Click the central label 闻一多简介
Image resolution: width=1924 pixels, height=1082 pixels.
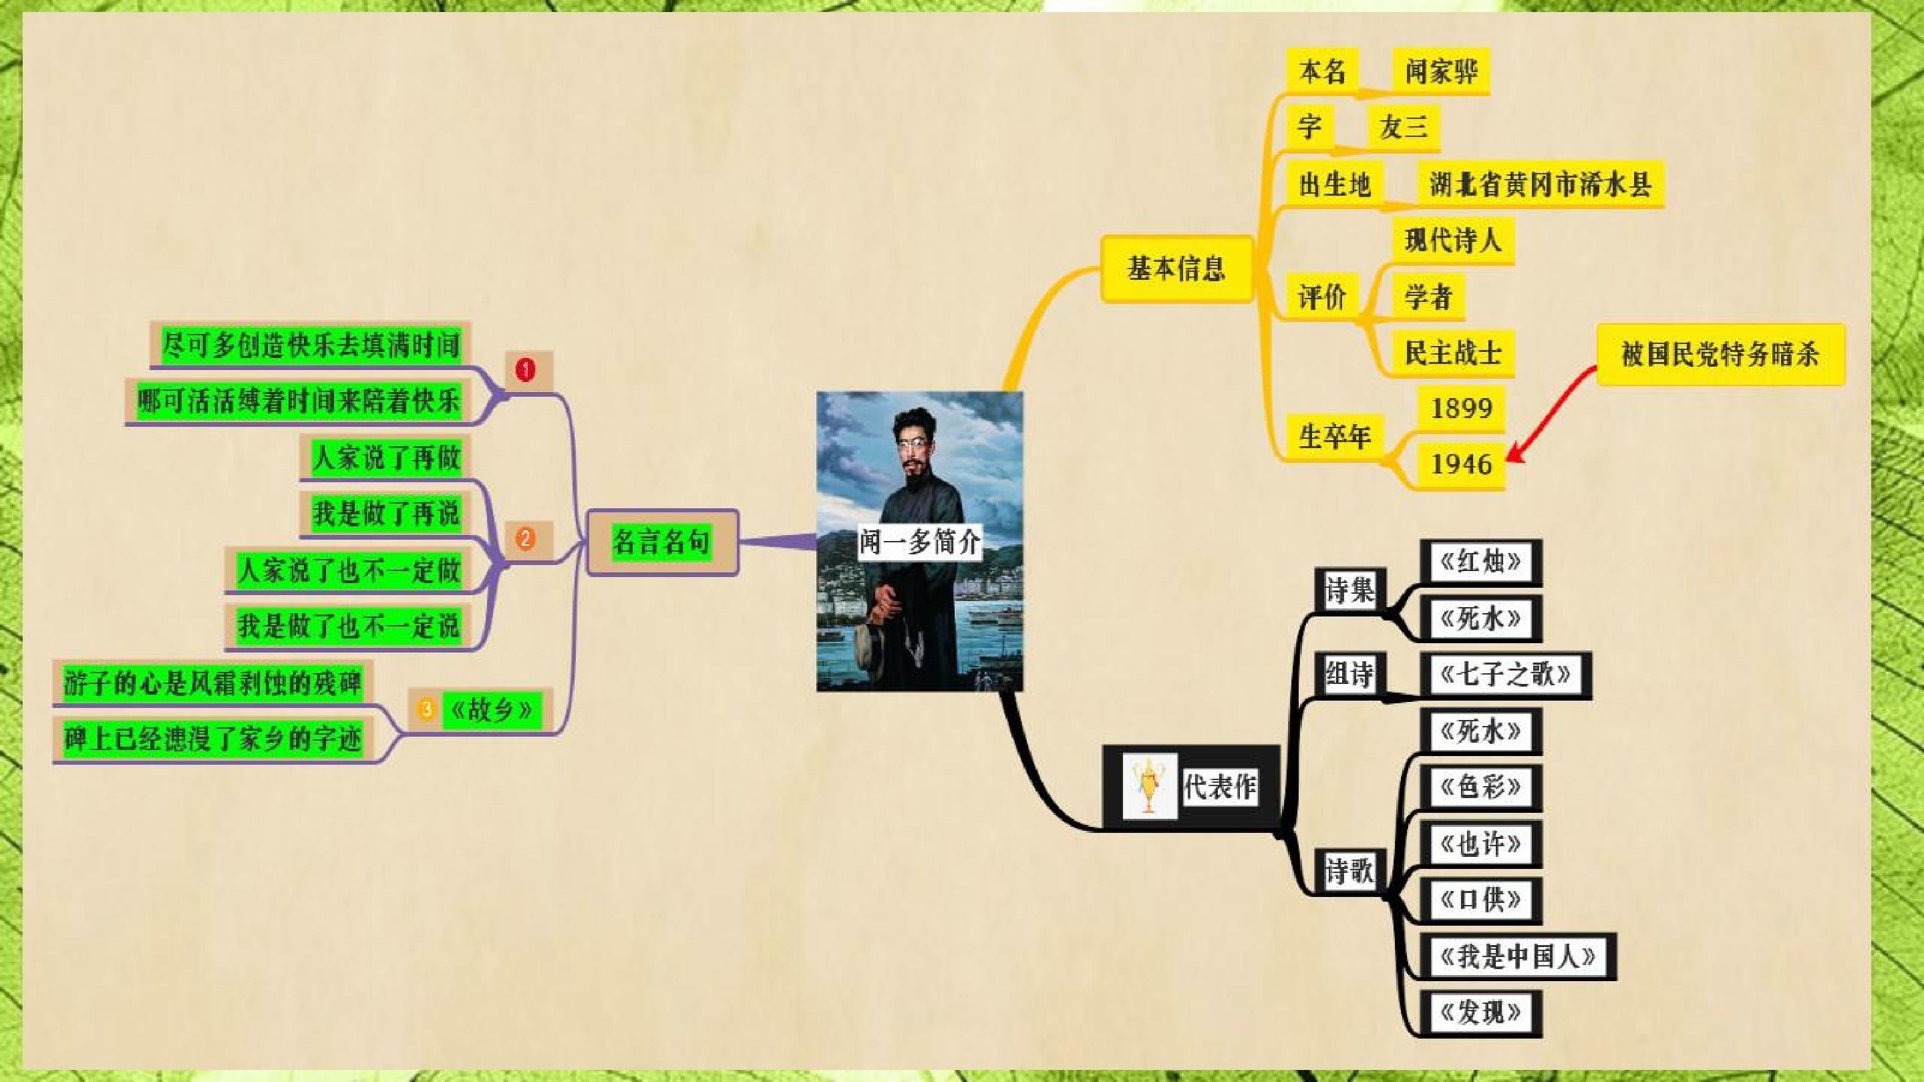(x=919, y=542)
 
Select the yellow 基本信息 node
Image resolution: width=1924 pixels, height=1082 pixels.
(x=1176, y=268)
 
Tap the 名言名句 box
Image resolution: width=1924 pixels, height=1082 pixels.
(x=662, y=542)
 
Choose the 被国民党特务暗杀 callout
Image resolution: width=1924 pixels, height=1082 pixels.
(x=1720, y=354)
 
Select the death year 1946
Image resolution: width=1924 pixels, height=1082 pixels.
(x=1461, y=464)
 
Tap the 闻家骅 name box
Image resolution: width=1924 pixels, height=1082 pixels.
(x=1441, y=71)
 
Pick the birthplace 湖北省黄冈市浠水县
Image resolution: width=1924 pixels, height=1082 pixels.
(x=1540, y=184)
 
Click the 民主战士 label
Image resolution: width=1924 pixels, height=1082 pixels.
(x=1454, y=353)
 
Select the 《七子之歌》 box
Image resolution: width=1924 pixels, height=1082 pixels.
(x=1505, y=675)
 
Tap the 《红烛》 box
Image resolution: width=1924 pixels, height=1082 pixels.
(x=1480, y=562)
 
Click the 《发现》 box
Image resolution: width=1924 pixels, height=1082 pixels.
(x=1480, y=1013)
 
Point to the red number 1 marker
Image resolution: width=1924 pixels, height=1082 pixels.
(x=526, y=369)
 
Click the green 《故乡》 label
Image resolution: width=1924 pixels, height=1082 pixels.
(x=490, y=709)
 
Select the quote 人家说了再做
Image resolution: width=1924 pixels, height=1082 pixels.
(x=385, y=457)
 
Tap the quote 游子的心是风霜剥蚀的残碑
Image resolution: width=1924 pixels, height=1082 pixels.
(x=212, y=682)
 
